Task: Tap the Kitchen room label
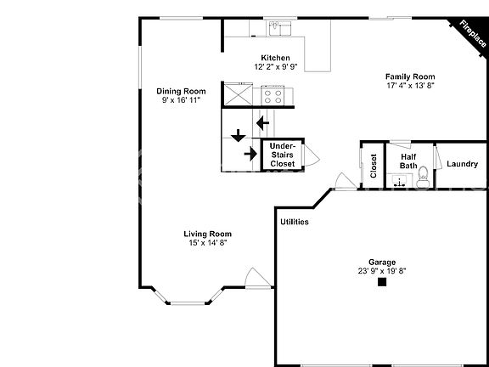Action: coord(276,58)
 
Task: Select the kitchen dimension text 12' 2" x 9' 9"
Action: coord(276,66)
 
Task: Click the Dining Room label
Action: coord(181,91)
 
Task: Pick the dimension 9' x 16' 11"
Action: coord(181,100)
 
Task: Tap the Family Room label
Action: coord(410,76)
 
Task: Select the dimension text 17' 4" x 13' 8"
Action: coord(410,86)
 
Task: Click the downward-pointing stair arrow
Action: coord(238,134)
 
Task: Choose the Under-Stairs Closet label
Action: coord(283,155)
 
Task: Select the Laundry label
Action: coord(462,164)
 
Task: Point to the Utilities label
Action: coord(294,222)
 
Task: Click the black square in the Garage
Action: coord(382,282)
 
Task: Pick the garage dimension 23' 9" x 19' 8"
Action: coord(382,272)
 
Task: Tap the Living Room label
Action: coord(208,234)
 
